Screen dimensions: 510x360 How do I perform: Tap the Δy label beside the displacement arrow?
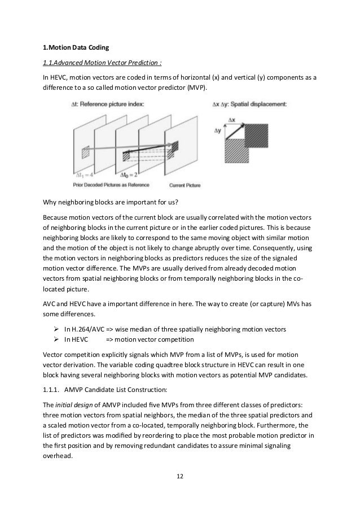(x=217, y=129)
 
